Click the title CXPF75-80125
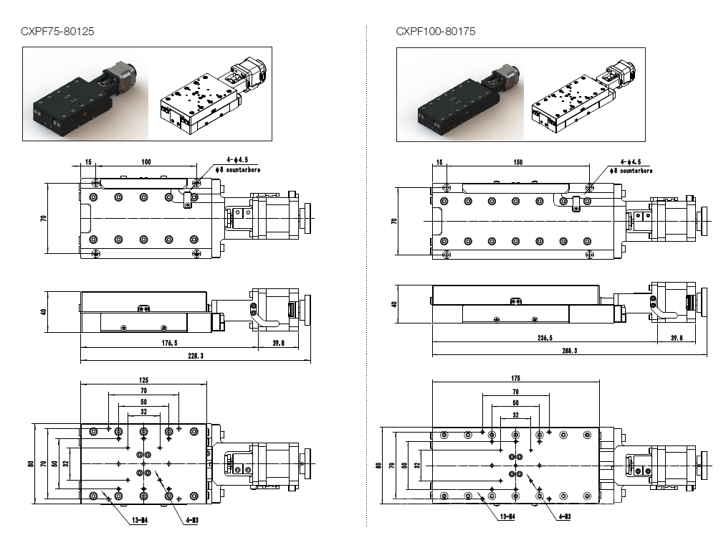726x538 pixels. [58, 32]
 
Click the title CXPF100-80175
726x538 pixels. [435, 32]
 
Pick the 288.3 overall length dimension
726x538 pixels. [570, 351]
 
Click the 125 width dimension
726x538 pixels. [143, 379]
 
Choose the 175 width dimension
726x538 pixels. [515, 378]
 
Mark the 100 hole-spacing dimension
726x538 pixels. [146, 162]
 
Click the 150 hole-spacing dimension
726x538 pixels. [517, 162]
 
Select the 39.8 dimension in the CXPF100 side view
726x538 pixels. [676, 339]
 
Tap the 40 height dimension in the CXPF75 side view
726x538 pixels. [44, 312]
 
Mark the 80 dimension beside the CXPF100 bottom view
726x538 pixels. [379, 465]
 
